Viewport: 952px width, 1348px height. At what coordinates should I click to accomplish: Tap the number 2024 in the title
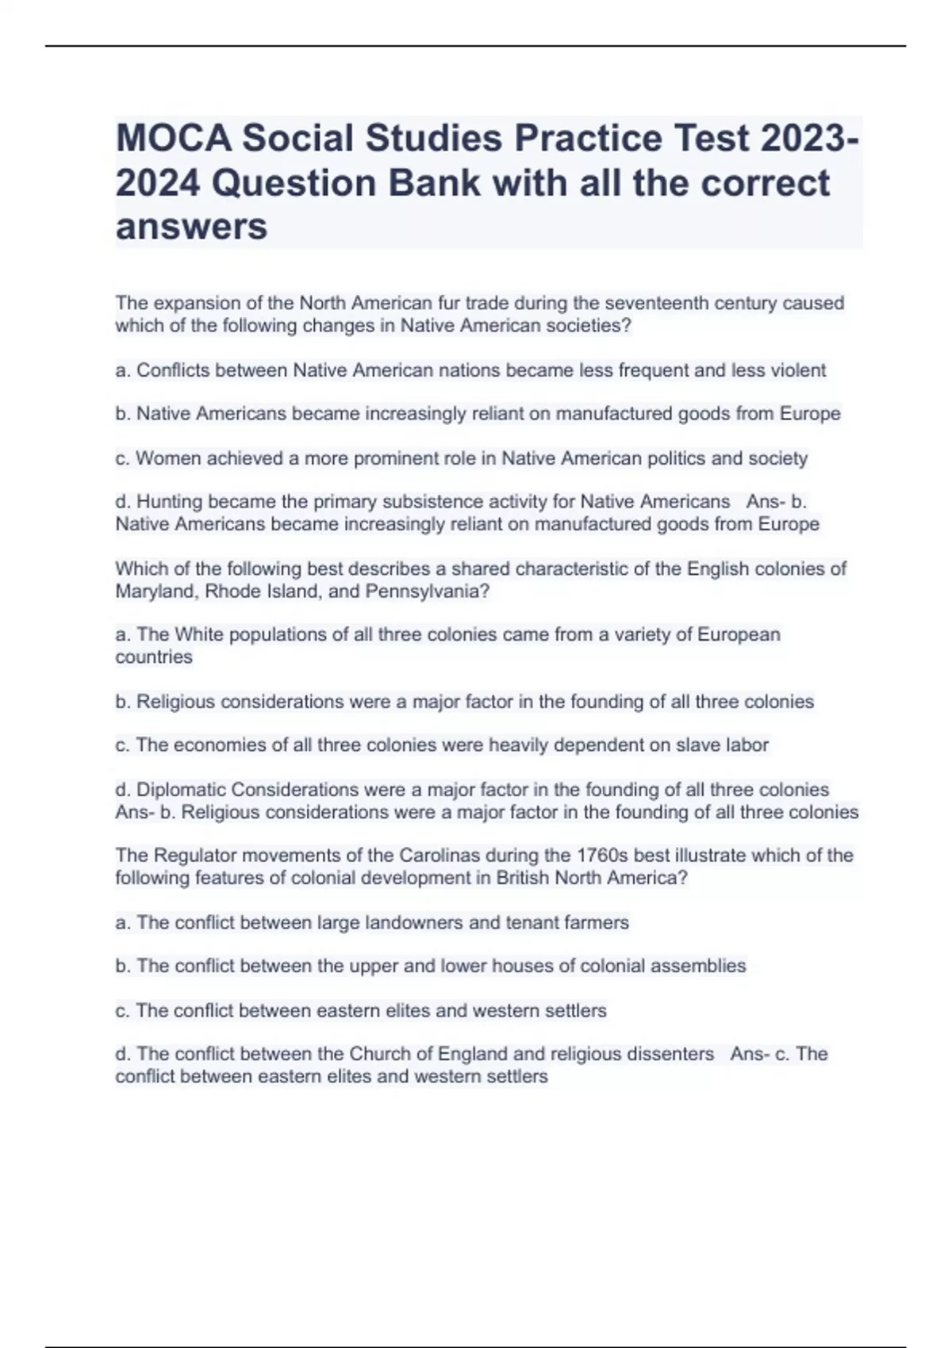click(x=158, y=183)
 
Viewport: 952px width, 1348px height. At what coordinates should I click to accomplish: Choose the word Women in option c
click(x=168, y=458)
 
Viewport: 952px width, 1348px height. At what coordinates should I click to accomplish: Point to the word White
click(x=194, y=634)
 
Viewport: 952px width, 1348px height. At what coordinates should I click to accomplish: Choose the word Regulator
click(x=193, y=856)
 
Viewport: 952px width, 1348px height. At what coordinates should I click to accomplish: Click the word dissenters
click(x=664, y=1054)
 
